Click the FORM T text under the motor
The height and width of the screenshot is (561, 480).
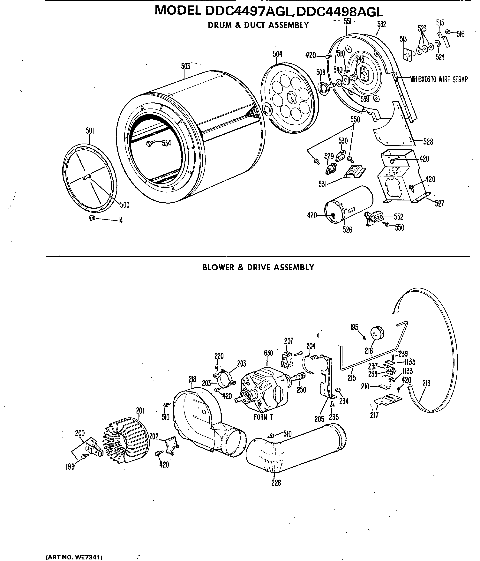pos(263,417)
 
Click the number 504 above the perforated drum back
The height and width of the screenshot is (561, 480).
pos(277,54)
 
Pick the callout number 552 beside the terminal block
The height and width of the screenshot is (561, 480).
pos(399,217)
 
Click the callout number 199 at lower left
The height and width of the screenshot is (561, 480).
pos(70,467)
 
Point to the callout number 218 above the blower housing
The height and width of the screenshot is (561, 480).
pos(192,379)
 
